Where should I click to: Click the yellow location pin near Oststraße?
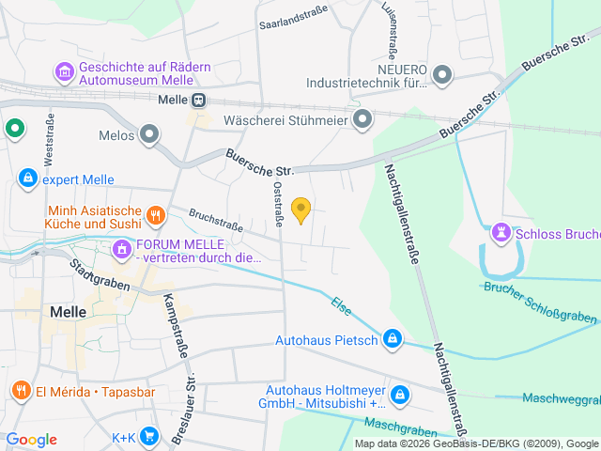(300, 210)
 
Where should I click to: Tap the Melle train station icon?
(198, 101)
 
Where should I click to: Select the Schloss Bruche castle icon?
(500, 232)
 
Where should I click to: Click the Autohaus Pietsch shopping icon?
(393, 339)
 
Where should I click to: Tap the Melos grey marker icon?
(148, 135)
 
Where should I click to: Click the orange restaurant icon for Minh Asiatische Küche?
(156, 216)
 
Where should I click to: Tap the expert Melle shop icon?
(27, 179)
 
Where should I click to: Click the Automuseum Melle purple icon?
(65, 72)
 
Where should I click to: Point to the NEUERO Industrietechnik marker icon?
(444, 73)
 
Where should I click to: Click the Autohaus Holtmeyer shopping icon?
(401, 396)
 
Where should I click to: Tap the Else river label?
(341, 305)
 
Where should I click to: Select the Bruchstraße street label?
(215, 220)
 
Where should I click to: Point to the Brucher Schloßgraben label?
(540, 303)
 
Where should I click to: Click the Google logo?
(31, 439)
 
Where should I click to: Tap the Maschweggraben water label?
(561, 397)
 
